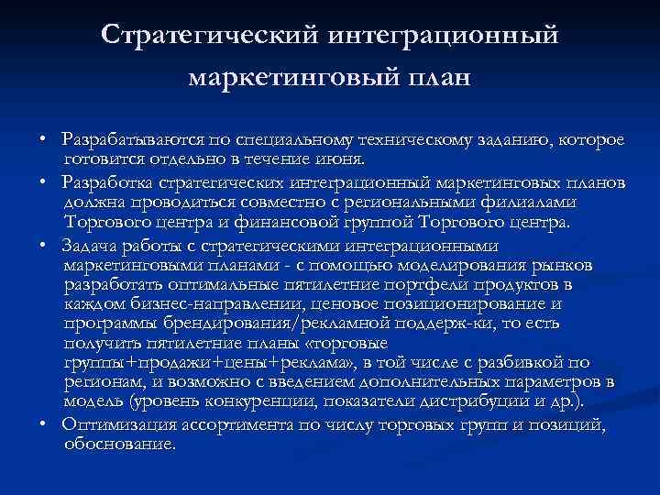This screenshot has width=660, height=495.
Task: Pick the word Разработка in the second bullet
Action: coord(106,183)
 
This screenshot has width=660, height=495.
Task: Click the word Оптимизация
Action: coord(116,423)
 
